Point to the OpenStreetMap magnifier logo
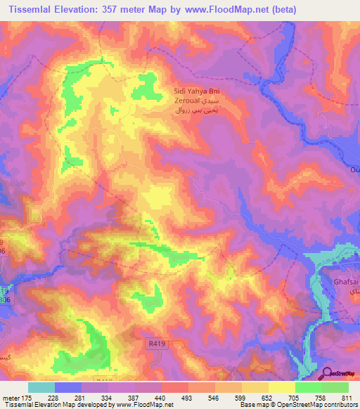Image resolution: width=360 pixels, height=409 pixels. point(328,375)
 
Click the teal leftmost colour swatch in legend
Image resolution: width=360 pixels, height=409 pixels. point(41,387)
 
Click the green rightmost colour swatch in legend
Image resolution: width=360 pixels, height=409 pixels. point(335,387)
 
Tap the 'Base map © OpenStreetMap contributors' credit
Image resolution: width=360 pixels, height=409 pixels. point(297,405)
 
